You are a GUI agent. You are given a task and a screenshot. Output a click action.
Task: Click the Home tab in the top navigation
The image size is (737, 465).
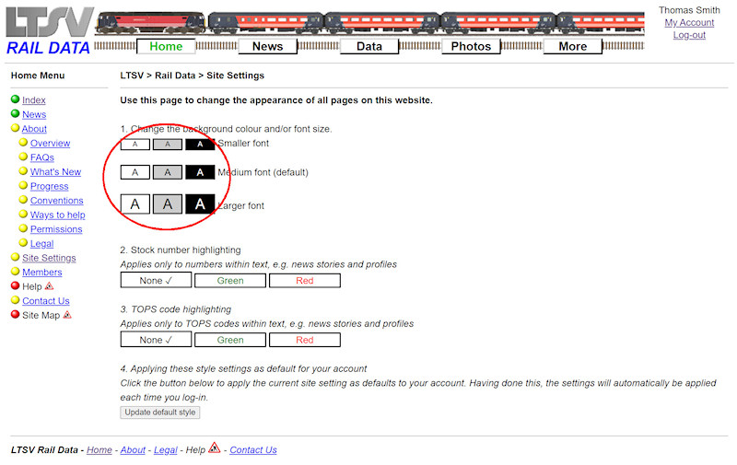click(166, 46)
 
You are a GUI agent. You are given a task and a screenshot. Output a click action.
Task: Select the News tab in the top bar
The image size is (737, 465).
click(268, 46)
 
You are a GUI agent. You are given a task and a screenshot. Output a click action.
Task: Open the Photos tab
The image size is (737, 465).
click(471, 46)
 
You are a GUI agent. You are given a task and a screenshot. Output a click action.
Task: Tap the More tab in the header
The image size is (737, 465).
click(572, 46)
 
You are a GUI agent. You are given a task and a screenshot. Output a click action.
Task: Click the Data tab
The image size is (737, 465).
click(369, 46)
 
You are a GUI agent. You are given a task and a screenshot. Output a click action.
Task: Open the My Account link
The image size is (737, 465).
click(689, 22)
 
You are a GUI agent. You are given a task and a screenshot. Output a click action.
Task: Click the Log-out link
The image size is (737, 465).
click(689, 35)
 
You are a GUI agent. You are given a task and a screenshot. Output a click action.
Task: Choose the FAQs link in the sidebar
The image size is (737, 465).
click(42, 157)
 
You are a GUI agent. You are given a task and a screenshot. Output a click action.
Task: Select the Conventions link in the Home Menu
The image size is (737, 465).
click(57, 201)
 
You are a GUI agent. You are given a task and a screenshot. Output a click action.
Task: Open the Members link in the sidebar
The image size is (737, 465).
click(42, 272)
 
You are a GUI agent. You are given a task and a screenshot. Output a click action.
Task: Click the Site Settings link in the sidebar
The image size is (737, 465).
click(49, 258)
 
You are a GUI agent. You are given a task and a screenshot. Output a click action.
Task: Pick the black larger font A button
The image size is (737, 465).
click(200, 203)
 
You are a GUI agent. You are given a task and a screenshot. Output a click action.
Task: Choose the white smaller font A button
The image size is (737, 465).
click(135, 145)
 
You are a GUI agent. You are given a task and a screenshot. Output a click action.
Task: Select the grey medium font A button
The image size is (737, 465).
click(168, 172)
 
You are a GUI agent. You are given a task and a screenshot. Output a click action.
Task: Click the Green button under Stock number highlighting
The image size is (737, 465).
click(230, 281)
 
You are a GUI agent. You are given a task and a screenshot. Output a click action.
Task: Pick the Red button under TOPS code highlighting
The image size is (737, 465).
click(305, 340)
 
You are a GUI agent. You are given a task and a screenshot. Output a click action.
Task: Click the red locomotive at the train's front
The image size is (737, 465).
click(151, 22)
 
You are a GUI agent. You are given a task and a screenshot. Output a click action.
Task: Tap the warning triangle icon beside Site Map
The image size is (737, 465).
click(67, 315)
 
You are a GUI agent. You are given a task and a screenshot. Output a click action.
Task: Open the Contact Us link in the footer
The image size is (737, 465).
click(253, 450)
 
